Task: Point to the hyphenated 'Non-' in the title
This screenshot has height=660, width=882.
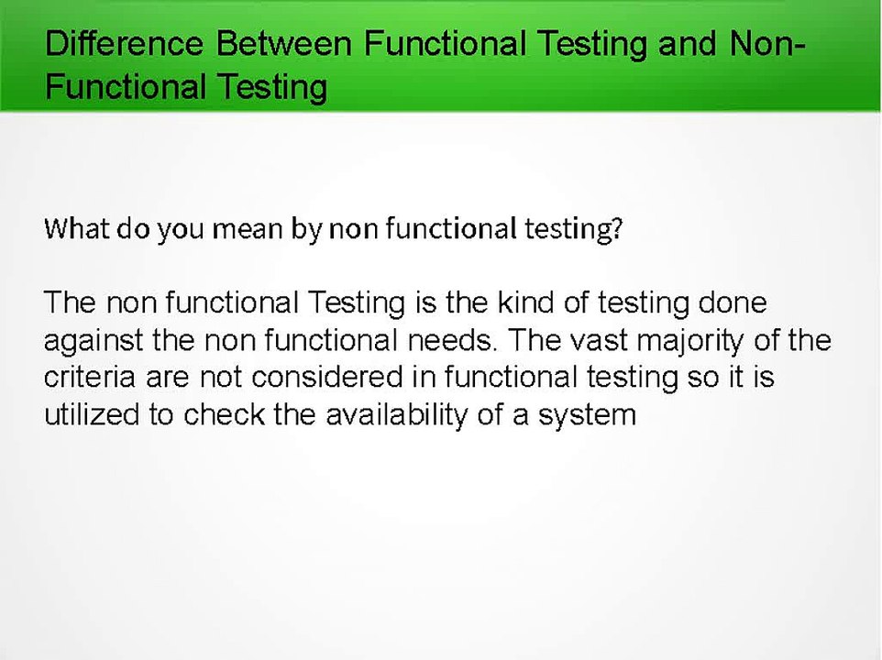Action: tap(768, 43)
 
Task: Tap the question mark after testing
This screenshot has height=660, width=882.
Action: tap(617, 228)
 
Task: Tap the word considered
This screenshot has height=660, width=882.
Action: tap(295, 377)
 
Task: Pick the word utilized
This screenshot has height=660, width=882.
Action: tap(92, 414)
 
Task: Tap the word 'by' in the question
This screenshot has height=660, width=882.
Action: tap(305, 229)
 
